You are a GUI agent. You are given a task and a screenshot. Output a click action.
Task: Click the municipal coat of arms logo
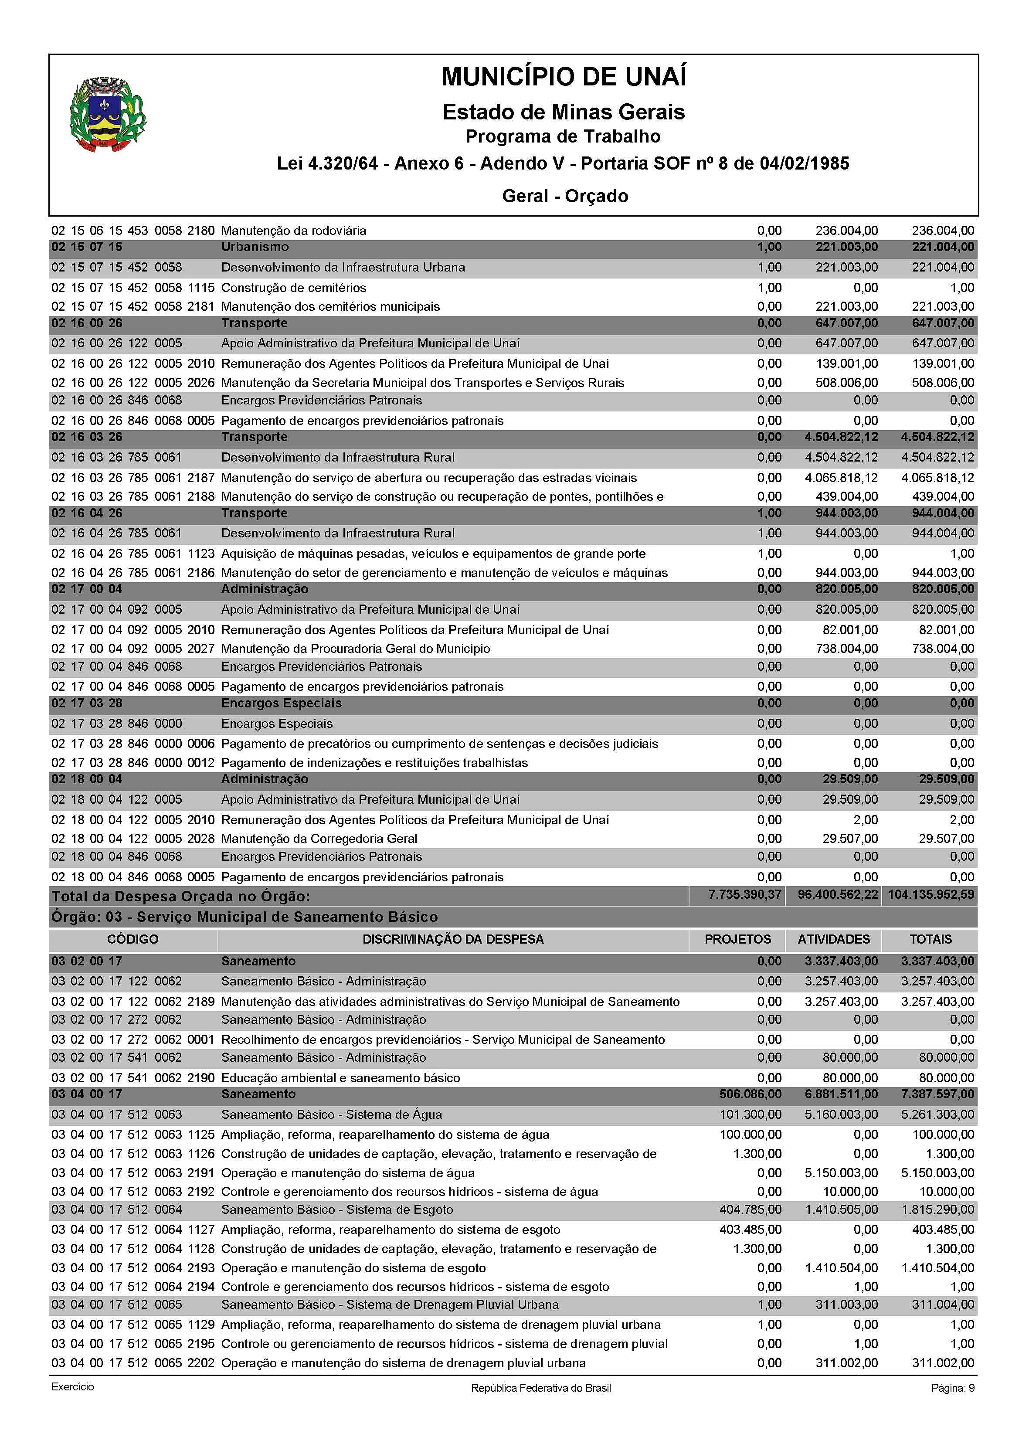(108, 116)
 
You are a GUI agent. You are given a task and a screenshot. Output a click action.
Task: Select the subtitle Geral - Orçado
(564, 196)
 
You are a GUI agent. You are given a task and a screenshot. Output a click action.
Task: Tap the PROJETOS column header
(737, 939)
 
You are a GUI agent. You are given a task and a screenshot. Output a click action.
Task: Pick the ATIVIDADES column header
(833, 939)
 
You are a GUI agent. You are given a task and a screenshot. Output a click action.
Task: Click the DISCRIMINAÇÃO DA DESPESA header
(452, 939)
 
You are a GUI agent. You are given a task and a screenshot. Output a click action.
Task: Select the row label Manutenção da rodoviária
(293, 231)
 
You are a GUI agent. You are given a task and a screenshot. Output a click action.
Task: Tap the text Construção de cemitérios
(293, 288)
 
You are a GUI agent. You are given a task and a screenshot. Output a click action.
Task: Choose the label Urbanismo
(255, 246)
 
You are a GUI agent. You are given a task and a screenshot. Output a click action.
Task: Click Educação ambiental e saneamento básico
(340, 1078)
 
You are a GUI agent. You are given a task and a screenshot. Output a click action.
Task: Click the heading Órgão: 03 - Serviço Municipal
(245, 917)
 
